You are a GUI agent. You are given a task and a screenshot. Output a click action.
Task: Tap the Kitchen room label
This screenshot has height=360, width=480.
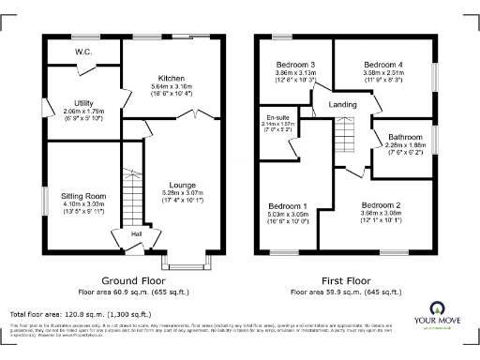[171, 78]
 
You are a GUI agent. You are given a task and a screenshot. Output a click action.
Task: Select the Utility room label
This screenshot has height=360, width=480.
[79, 102]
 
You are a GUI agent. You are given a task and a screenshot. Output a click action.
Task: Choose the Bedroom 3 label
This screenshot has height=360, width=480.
[295, 64]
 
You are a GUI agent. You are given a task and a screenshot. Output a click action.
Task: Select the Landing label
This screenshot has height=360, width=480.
[342, 104]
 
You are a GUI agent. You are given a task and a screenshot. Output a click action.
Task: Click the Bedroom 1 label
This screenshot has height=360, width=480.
[287, 205]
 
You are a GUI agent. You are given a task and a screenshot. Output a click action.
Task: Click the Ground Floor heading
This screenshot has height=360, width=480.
[133, 280]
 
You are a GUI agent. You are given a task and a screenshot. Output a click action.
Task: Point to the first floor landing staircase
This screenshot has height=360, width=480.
[347, 137]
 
